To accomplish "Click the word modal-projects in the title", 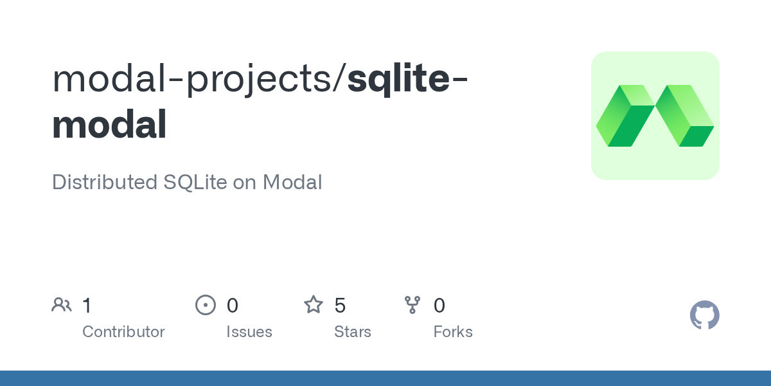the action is pos(192,79).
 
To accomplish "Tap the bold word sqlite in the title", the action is pos(398,80).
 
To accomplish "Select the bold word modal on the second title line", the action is pos(109,124).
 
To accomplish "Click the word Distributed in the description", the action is pos(105,182).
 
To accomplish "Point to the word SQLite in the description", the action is pos(195,182).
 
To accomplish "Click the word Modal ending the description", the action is pos(292,182).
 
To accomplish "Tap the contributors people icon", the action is pos(62,305).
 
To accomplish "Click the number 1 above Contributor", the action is pos(87,306).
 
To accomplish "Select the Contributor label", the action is pos(123,332).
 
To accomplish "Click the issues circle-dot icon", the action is pos(206,305).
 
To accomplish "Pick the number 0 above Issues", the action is pos(233,306).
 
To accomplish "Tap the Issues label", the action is pos(249,332).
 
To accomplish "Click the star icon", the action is pos(314,305).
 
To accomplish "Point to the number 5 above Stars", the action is pos(340,306).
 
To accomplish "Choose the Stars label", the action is pos(353,332).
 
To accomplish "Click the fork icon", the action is pos(412,305).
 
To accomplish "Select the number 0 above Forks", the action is pos(439,306).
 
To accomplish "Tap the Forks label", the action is pos(453,332).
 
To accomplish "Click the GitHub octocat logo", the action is pos(705,315).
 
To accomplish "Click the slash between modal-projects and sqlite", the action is pos(339,78).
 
